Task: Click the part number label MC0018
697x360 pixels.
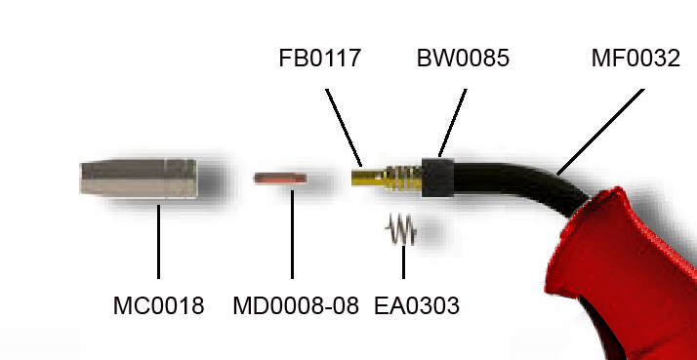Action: [159, 305]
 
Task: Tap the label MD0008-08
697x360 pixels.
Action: [296, 305]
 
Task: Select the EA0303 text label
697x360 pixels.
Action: [417, 305]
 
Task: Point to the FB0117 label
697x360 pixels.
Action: [319, 59]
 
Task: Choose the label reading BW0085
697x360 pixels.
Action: [463, 59]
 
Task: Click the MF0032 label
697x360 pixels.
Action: [635, 59]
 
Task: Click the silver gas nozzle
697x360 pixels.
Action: [139, 178]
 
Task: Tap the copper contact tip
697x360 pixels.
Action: [280, 179]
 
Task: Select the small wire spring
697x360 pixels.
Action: [401, 229]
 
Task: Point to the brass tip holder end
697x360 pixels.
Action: [367, 178]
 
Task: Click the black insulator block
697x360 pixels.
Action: [438, 178]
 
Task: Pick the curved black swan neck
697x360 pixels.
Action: [520, 182]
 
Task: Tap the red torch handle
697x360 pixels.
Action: [623, 271]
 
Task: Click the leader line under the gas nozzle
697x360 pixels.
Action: [159, 242]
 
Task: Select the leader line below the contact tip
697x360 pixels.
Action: [292, 234]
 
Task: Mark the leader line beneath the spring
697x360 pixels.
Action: [403, 262]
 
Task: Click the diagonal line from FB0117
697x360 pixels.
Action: [344, 128]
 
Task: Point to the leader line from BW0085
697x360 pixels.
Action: [453, 123]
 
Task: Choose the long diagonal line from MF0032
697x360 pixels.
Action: [600, 132]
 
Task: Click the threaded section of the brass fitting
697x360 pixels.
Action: [403, 178]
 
